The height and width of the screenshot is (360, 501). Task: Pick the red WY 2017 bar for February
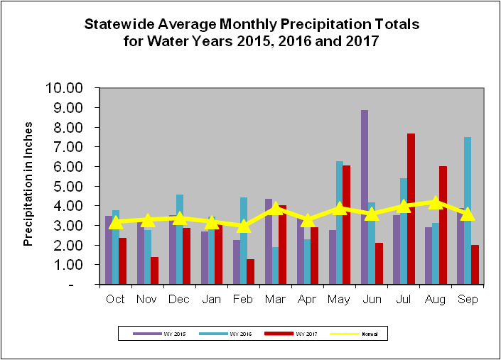click(250, 271)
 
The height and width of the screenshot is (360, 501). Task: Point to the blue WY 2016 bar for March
click(275, 266)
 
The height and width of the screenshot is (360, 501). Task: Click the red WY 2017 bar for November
click(154, 271)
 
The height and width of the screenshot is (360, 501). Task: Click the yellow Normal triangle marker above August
click(435, 202)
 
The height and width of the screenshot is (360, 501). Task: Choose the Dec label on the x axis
click(179, 299)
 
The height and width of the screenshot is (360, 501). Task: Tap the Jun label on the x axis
click(371, 299)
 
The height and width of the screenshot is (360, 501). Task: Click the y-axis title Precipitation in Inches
click(28, 186)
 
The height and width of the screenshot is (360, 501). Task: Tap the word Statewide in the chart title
click(122, 24)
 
